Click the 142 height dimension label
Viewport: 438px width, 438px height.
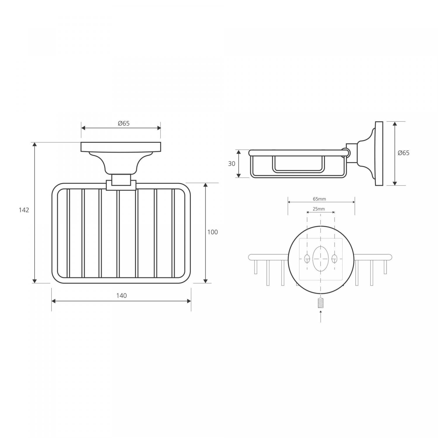24,210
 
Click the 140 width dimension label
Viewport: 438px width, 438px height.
121,296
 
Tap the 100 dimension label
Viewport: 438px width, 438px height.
213,232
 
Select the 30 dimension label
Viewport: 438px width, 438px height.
232,164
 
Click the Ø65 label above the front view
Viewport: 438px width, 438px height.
124,123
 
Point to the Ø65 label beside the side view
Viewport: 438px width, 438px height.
404,153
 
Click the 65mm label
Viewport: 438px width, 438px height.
319,199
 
